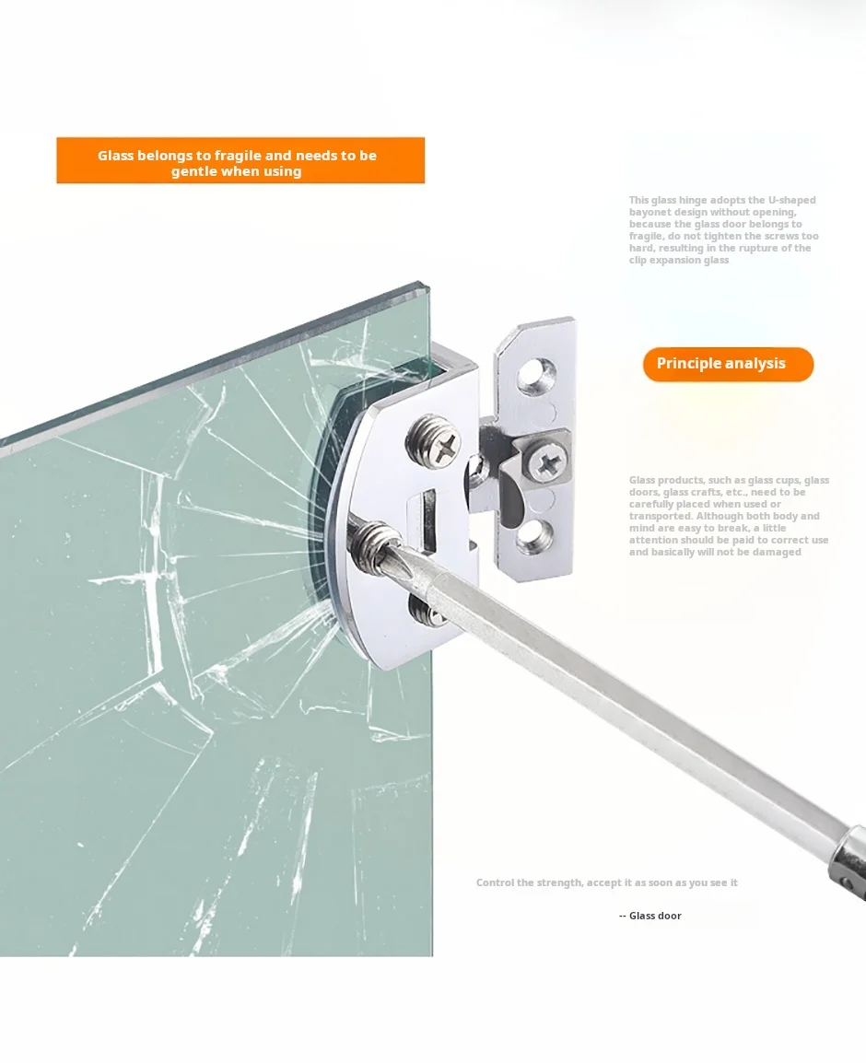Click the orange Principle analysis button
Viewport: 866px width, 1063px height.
[x=728, y=364]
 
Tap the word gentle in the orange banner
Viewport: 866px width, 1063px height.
[x=192, y=171]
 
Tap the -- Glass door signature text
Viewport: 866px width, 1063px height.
[x=649, y=916]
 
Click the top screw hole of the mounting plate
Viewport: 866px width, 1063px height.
[x=536, y=376]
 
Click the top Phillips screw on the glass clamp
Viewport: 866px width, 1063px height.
[x=435, y=443]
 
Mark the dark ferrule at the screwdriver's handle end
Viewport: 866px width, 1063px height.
[x=852, y=862]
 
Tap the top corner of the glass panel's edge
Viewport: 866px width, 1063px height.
[x=428, y=283]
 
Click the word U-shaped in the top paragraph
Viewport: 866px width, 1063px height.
[x=791, y=200]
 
